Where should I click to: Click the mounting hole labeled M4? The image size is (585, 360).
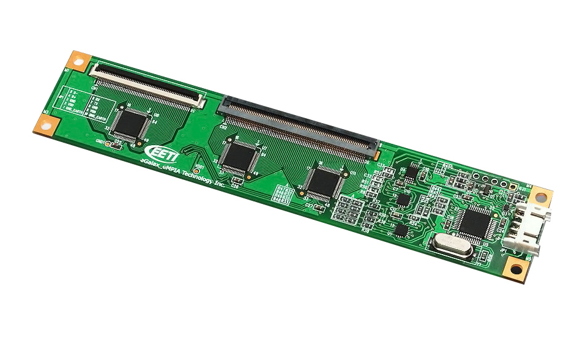coord(540,195)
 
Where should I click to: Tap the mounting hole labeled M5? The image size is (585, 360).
coord(516,269)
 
